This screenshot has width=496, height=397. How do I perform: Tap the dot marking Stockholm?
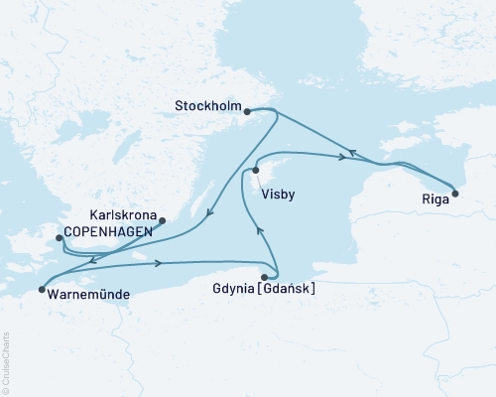point(246,112)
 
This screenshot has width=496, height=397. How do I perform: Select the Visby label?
point(277,196)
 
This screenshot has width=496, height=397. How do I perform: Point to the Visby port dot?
point(256,171)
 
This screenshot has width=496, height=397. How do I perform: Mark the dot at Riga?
point(455,194)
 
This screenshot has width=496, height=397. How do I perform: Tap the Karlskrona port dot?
point(163,220)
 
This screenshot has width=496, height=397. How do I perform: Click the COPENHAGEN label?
point(108,231)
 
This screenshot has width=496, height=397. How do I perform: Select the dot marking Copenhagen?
point(60,237)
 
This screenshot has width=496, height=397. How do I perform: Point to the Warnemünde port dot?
point(41,290)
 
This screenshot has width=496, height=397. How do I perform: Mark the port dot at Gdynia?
point(265,277)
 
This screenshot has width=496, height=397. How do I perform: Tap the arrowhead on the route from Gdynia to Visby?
point(260,230)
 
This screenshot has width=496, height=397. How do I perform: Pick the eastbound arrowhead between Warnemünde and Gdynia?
point(159,263)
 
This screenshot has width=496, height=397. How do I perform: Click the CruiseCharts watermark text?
point(6,361)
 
